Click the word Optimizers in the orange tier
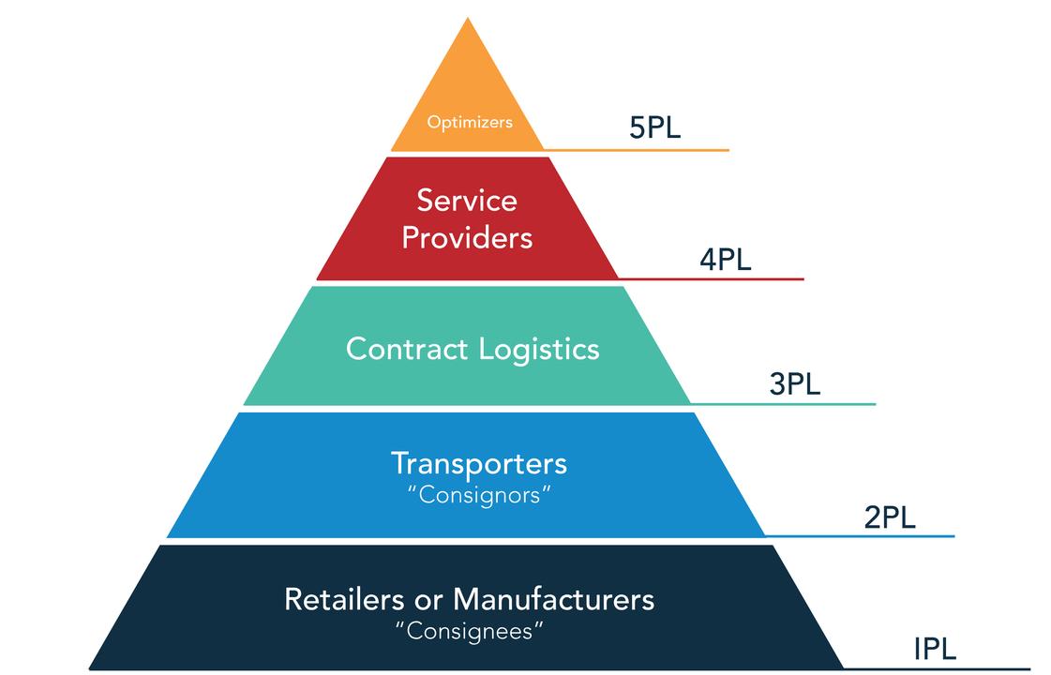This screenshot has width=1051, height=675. (x=470, y=122)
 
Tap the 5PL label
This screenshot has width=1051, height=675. (x=654, y=127)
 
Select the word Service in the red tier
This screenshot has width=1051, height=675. (x=466, y=200)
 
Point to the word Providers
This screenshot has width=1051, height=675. (x=466, y=237)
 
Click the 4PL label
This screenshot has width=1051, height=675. (x=725, y=259)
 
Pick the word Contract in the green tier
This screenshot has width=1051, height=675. (x=406, y=349)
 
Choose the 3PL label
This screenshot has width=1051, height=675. (x=794, y=384)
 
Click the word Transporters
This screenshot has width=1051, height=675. (x=478, y=463)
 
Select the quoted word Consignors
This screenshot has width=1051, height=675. (x=479, y=494)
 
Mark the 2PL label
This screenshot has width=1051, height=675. (x=889, y=517)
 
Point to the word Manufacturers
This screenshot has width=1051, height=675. (x=553, y=598)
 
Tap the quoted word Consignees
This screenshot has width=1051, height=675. (x=470, y=630)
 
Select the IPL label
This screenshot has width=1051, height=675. (x=935, y=649)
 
